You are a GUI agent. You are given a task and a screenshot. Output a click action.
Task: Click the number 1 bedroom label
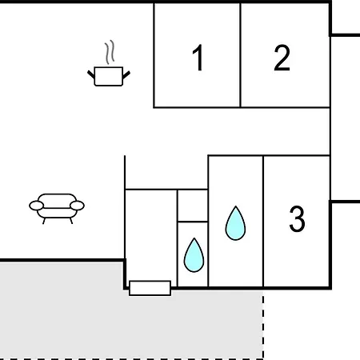point(198,58)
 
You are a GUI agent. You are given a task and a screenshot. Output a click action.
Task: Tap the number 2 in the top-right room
point(282,58)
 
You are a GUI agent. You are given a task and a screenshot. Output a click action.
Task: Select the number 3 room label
point(297,218)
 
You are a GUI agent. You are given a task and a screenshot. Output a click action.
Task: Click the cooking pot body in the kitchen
point(109,77)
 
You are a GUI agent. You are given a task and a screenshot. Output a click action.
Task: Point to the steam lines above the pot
point(110,52)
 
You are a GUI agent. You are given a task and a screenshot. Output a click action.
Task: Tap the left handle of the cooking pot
point(91,74)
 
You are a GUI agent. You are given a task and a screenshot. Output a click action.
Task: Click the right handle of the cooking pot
point(126,75)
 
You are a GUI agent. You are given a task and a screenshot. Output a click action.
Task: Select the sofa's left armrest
point(36,206)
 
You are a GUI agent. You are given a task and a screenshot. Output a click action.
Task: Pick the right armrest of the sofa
point(78,206)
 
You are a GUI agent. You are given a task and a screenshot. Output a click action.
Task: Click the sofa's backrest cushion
point(57,201)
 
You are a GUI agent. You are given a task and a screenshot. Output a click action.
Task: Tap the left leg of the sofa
point(44,221)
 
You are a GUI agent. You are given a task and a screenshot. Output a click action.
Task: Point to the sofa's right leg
point(71,221)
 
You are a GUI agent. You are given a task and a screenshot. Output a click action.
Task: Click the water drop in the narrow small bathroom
point(194,255)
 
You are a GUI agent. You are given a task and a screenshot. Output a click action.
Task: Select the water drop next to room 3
point(235,223)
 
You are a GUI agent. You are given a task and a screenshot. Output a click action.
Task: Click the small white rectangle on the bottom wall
point(150,288)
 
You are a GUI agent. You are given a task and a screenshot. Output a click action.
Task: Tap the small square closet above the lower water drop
point(193,206)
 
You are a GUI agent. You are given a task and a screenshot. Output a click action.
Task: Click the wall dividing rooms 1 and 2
point(240,55)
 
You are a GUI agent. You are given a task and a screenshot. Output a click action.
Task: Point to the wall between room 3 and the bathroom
point(263,222)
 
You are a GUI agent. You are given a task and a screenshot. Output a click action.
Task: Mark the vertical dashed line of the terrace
point(263,325)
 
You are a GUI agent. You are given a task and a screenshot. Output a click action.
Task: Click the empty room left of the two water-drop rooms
point(151,234)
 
